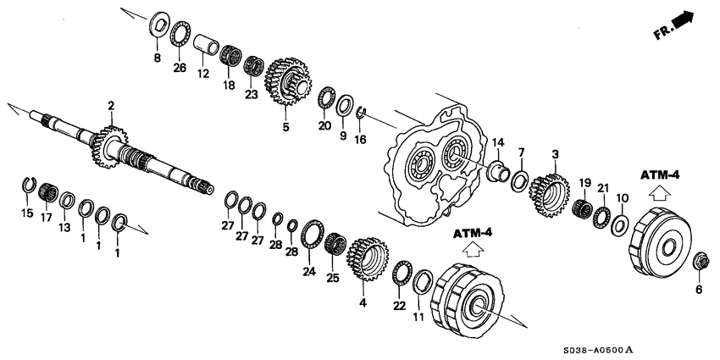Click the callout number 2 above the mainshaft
[x=110, y=105]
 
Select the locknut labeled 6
[x=701, y=261]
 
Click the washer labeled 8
[x=157, y=24]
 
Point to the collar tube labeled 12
[x=204, y=45]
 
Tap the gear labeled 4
[x=367, y=259]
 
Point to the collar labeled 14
[x=500, y=172]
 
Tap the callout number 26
[x=179, y=68]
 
